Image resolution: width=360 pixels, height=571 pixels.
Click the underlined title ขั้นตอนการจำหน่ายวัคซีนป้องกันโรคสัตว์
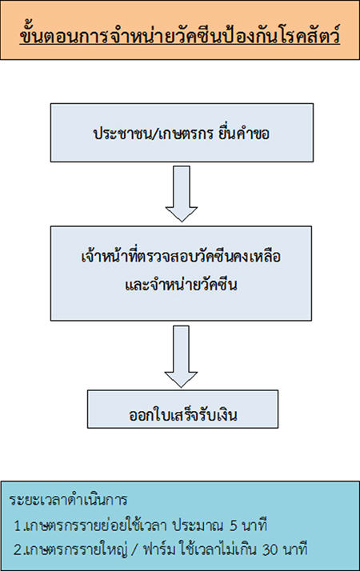point(180,35)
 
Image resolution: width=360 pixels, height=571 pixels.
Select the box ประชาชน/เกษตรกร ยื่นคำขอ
point(182,133)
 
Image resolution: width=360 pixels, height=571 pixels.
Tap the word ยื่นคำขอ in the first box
point(244,134)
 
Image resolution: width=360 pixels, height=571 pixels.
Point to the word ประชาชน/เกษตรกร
point(154,134)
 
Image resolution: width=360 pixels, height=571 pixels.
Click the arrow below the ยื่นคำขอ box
point(182,194)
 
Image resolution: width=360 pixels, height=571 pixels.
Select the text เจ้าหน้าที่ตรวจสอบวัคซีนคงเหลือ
point(181,257)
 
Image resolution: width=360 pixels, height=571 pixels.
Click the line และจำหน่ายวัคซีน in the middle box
point(181,285)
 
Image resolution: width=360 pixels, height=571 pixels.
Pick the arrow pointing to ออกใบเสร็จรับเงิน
point(181,356)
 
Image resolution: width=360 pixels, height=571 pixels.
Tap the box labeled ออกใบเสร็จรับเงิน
point(182,409)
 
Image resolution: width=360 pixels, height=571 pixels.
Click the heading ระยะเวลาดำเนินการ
point(69,500)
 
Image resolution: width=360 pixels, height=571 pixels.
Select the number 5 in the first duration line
point(234,526)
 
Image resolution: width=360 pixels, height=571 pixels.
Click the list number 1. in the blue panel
point(19,526)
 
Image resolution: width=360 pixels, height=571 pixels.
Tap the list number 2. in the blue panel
point(19,549)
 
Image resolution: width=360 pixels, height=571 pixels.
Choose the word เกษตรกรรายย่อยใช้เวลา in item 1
point(96,525)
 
